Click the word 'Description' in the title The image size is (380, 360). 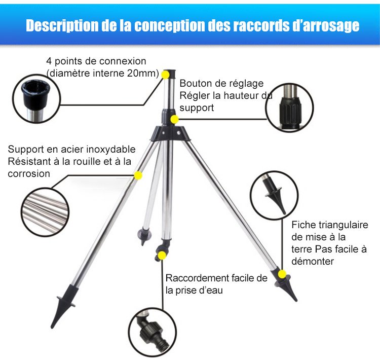click(62, 25)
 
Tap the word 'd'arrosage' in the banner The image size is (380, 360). click(326, 25)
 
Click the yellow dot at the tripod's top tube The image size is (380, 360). click(166, 75)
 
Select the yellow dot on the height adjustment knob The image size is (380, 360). click(174, 119)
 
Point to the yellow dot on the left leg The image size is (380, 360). click(138, 175)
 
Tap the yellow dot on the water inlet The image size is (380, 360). click(162, 255)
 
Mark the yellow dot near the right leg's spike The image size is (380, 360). click(282, 274)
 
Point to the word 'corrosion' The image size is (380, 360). click(29, 174)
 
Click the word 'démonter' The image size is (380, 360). click(313, 261)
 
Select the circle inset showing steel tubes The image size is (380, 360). click(45, 212)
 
